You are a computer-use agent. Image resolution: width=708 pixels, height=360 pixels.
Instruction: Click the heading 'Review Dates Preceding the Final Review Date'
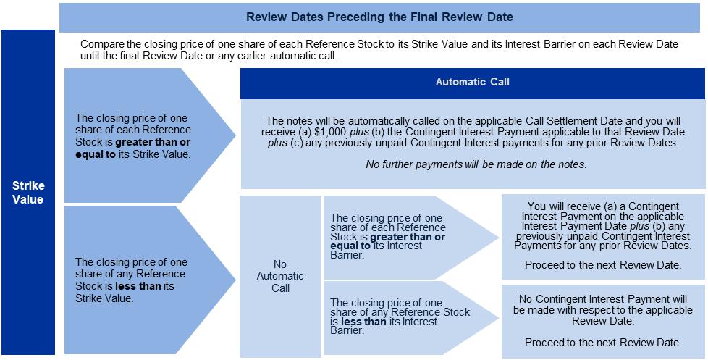pos(380,17)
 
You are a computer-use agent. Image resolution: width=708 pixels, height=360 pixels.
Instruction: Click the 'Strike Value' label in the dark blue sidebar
pos(28,193)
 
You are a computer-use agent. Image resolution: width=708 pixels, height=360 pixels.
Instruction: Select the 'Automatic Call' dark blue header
pos(472,82)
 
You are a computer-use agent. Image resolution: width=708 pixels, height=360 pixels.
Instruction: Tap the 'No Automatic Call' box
pos(280,276)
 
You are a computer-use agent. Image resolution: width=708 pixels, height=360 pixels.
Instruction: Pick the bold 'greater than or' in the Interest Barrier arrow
pos(408,237)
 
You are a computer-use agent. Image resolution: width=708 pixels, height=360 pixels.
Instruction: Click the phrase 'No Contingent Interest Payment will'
pos(602,298)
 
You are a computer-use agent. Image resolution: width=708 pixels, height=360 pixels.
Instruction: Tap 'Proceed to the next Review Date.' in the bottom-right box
pos(602,342)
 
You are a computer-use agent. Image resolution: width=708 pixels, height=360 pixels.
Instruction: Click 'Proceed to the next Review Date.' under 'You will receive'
pos(602,265)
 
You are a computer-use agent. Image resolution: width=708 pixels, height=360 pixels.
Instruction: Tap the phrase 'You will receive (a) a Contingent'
pos(602,206)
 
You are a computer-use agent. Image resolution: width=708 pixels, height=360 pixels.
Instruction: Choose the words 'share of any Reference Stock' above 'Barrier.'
pos(400,312)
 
